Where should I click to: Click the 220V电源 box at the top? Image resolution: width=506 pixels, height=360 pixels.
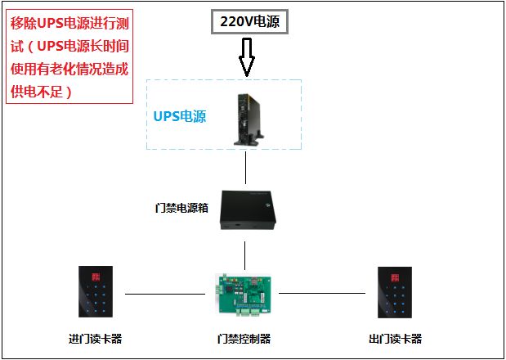(250, 23)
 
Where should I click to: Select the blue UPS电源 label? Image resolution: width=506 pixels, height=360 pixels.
(180, 116)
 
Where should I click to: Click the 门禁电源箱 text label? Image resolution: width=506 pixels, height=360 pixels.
(181, 207)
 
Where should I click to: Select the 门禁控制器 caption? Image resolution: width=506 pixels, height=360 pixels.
(244, 339)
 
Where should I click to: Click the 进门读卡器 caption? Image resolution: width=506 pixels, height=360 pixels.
(96, 339)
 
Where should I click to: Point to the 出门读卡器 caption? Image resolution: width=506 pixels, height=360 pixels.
(396, 339)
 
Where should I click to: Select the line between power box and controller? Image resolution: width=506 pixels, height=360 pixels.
(245, 253)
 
